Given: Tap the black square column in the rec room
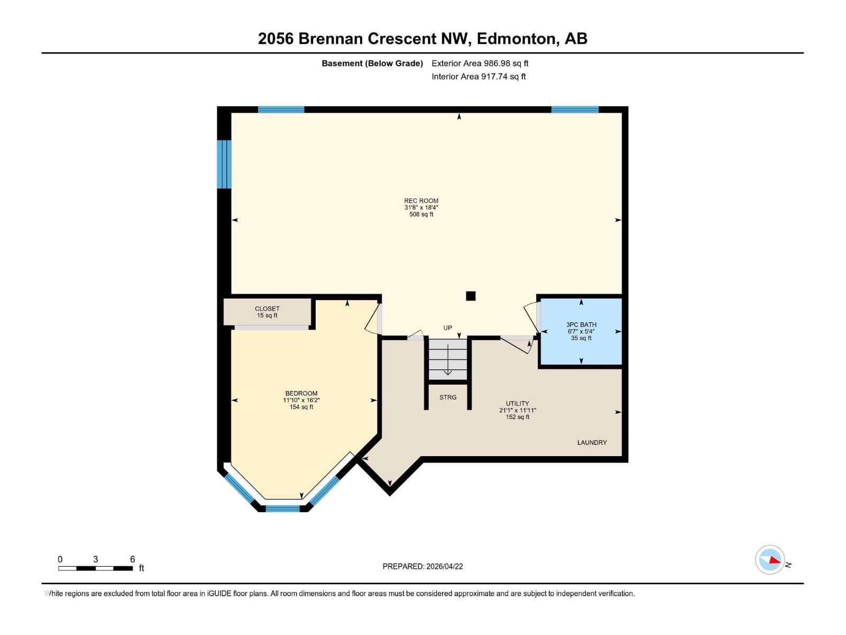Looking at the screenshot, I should (x=471, y=296).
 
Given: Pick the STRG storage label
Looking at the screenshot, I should (x=448, y=397).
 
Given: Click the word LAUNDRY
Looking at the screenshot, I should (x=592, y=442).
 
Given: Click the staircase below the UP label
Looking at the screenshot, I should (x=448, y=360).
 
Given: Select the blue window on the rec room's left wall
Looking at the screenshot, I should (x=225, y=164).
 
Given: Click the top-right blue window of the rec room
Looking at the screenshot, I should (x=575, y=110).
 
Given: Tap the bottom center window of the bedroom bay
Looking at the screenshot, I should (x=282, y=509).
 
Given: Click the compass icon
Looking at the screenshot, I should (x=770, y=560).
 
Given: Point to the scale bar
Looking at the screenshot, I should (x=95, y=568).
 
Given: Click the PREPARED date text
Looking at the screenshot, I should (x=422, y=566).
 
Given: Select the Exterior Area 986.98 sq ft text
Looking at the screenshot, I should (x=480, y=63).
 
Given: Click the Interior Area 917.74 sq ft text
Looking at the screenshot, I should (x=479, y=77).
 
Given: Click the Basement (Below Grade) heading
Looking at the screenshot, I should (x=372, y=63).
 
